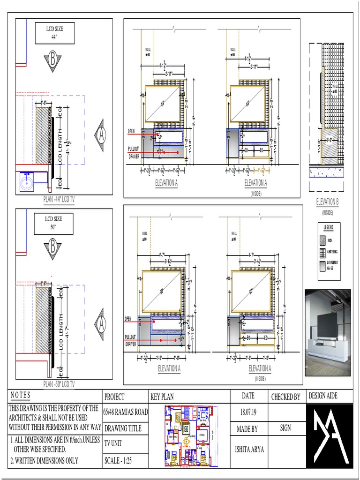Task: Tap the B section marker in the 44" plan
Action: (53, 61)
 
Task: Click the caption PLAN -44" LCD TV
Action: (59, 199)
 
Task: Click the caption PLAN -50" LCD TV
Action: (59, 384)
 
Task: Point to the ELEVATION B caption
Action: (327, 202)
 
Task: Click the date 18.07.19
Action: (248, 412)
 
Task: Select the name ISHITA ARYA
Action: (248, 449)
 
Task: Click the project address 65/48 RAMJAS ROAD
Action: (125, 412)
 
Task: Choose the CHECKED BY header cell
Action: (285, 397)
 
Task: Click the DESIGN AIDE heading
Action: (323, 396)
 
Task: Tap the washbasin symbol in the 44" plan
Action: (28, 180)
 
